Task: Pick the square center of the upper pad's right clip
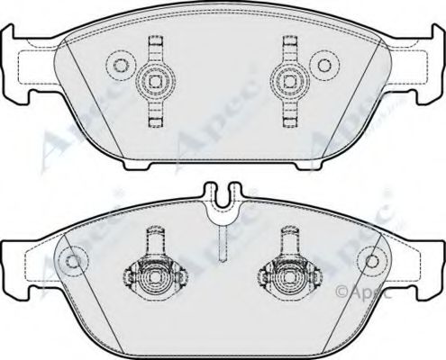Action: [x=290, y=80]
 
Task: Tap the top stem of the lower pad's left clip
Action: [x=151, y=238]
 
